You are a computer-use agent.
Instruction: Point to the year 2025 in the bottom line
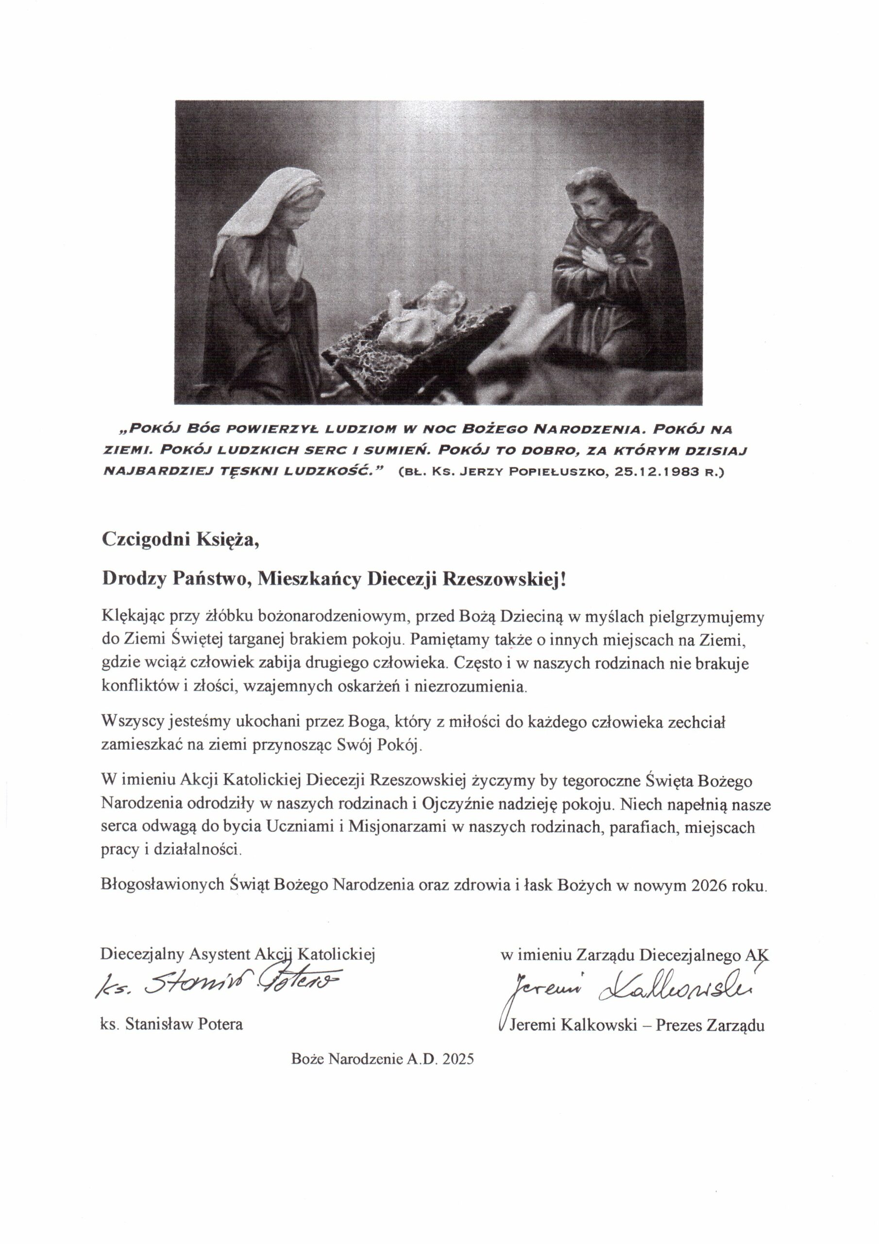[x=457, y=1059]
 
